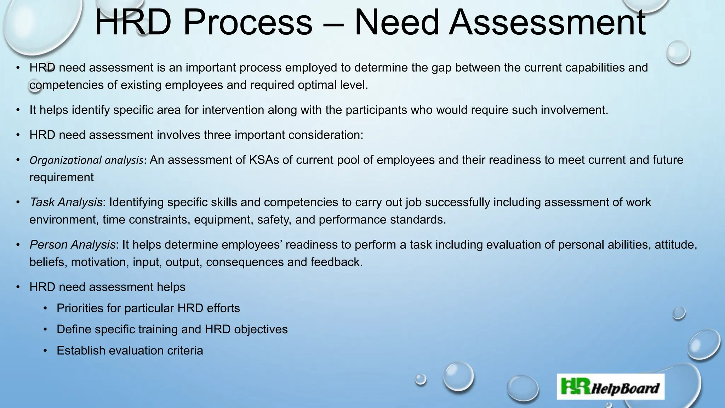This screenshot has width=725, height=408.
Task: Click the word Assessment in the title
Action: (x=547, y=23)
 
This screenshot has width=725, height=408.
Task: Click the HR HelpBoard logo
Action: (x=610, y=387)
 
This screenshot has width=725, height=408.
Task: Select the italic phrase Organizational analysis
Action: (x=86, y=160)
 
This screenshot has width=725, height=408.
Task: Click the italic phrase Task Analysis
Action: (x=66, y=202)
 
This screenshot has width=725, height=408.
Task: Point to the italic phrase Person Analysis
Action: (x=73, y=245)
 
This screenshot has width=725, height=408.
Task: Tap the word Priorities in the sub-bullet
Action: (x=80, y=308)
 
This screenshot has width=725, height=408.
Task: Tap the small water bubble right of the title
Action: (x=678, y=52)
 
